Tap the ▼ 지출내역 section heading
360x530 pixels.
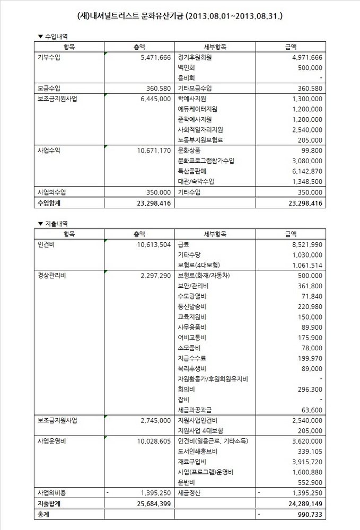(54, 223)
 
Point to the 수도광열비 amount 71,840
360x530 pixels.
(311, 296)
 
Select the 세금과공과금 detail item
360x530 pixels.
(195, 410)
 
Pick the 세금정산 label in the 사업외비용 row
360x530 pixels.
(189, 493)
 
